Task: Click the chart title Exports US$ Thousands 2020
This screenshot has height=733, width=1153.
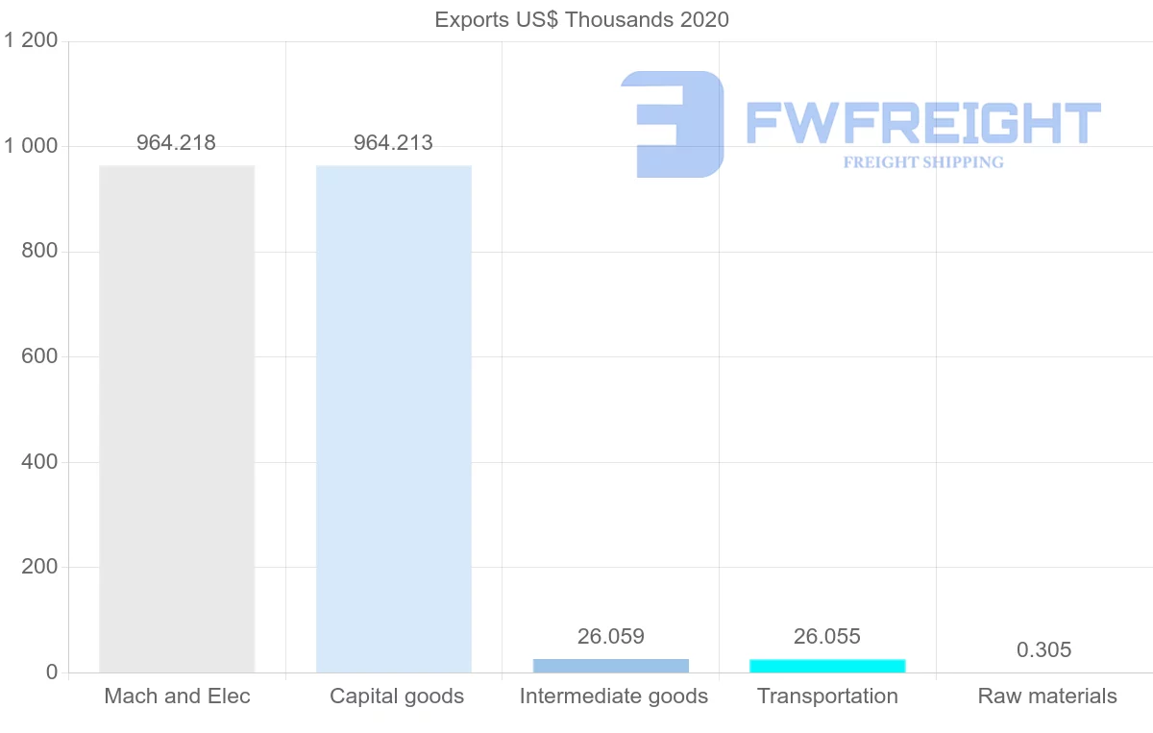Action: pyautogui.click(x=581, y=19)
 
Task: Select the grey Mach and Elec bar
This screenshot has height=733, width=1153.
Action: pyautogui.click(x=177, y=419)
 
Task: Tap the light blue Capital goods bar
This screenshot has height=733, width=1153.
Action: pyautogui.click(x=394, y=419)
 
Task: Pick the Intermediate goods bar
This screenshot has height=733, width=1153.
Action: pyautogui.click(x=611, y=666)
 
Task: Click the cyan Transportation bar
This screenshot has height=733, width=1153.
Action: pyautogui.click(x=827, y=666)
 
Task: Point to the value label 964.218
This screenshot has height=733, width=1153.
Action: pyautogui.click(x=176, y=143)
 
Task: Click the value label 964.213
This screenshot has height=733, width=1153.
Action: pyautogui.click(x=393, y=143)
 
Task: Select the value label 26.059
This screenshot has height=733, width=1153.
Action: pyautogui.click(x=611, y=636)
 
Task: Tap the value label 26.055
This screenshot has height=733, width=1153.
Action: pyautogui.click(x=827, y=636)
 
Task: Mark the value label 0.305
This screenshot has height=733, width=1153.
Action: pyautogui.click(x=1043, y=650)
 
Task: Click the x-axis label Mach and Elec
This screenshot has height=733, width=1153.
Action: pyautogui.click(x=177, y=696)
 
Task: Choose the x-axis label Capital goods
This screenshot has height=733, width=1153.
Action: pyautogui.click(x=397, y=696)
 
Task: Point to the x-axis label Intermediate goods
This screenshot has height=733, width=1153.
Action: pyautogui.click(x=614, y=696)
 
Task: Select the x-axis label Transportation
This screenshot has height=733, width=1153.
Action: pyautogui.click(x=827, y=696)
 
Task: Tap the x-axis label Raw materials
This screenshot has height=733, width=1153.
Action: pyautogui.click(x=1047, y=696)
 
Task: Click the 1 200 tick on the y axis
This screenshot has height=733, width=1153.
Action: pyautogui.click(x=32, y=40)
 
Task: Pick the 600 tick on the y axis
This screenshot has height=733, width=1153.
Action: pyautogui.click(x=39, y=356)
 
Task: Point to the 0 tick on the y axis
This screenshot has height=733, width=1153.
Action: pyautogui.click(x=52, y=672)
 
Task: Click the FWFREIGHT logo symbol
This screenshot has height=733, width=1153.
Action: pyautogui.click(x=673, y=124)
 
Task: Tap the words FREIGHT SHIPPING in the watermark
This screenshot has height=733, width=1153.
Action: pyautogui.click(x=923, y=162)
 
